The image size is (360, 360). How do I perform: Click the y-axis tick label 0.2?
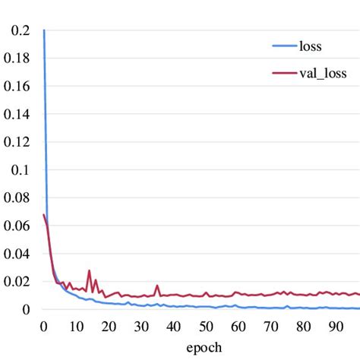pyautogui.click(x=17, y=31)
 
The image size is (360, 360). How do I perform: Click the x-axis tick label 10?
pyautogui.click(x=76, y=327)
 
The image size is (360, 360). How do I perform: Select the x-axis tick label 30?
pyautogui.click(x=141, y=327)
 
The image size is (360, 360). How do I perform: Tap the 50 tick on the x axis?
pyautogui.click(x=207, y=327)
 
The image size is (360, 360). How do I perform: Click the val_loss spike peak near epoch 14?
pyautogui.click(x=89, y=270)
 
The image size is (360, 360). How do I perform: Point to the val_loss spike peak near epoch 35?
pyautogui.click(x=157, y=286)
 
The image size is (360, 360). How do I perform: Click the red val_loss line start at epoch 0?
pyautogui.click(x=43, y=215)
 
